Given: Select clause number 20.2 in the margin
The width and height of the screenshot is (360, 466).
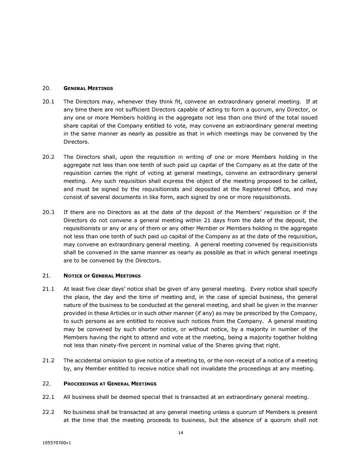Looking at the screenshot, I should click(48, 157).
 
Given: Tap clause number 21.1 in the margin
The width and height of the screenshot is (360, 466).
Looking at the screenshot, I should click(48, 289).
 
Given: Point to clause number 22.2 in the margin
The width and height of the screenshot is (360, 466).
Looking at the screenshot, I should click(48, 412).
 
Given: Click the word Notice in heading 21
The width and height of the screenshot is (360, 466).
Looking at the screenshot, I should click(72, 276).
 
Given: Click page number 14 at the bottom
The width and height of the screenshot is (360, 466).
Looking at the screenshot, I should click(180, 432).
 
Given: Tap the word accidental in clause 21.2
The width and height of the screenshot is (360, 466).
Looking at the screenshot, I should click(91, 361).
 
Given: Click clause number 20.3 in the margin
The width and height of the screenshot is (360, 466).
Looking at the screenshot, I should click(48, 212).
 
